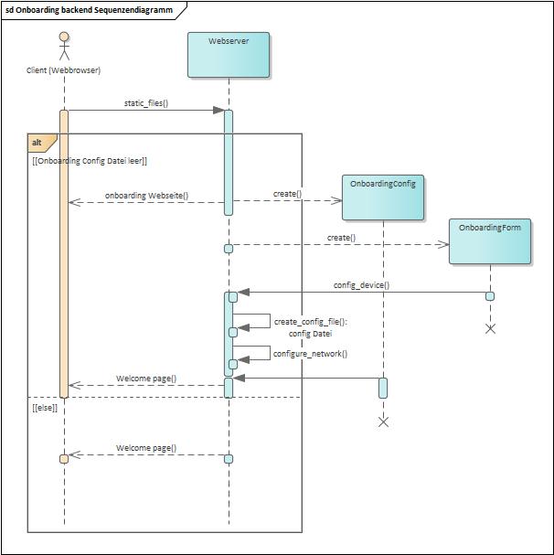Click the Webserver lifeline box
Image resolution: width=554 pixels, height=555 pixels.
[229, 55]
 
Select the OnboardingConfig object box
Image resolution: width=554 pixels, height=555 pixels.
[383, 197]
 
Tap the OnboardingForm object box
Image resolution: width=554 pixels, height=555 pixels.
[490, 240]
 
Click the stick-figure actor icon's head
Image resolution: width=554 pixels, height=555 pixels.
[64, 37]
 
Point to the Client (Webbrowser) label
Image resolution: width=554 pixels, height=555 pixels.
[64, 70]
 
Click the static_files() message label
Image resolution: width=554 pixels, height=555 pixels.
[146, 103]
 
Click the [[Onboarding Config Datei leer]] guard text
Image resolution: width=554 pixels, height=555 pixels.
[90, 161]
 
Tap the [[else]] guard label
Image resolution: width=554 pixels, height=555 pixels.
[45, 408]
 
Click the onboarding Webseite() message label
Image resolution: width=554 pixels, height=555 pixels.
[147, 196]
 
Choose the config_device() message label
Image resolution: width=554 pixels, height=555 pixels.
[361, 285]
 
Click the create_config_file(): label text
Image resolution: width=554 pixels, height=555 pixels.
[311, 322]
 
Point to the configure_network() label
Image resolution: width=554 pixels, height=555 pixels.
[310, 354]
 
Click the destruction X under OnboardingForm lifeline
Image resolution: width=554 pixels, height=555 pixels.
[490, 328]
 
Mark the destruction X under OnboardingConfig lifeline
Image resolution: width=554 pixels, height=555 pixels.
[383, 422]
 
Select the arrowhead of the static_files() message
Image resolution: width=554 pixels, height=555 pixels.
[218, 111]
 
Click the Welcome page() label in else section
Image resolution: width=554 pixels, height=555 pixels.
[146, 449]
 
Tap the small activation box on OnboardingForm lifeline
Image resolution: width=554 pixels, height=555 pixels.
[490, 296]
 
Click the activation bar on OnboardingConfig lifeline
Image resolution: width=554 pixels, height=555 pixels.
[383, 388]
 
